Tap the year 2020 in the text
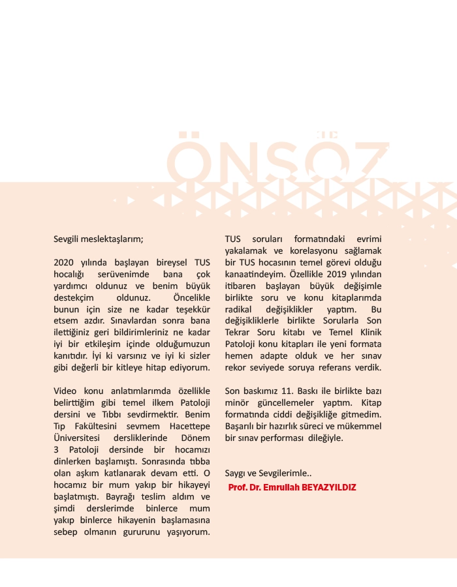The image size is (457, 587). (65, 262)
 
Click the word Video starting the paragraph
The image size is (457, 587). (65, 391)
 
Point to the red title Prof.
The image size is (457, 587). (238, 487)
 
